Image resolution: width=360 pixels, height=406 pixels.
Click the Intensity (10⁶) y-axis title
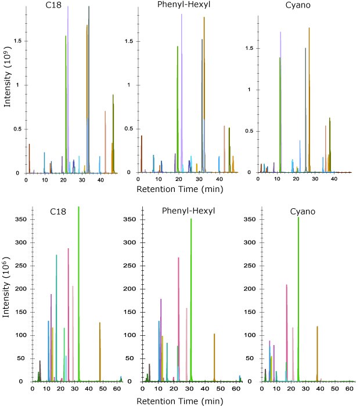click(x=7, y=295)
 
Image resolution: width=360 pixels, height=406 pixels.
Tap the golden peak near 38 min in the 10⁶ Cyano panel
click(x=317, y=354)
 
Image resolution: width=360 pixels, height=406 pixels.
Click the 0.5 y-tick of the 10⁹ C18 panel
click(x=17, y=129)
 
